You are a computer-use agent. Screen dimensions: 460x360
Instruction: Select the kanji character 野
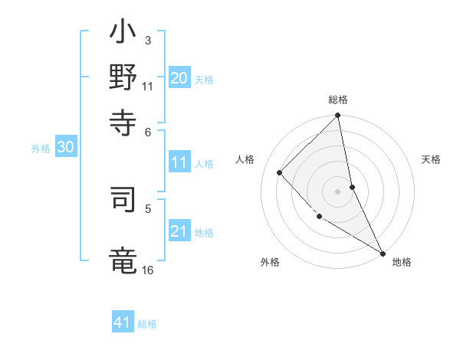123,77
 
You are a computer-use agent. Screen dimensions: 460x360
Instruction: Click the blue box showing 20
179,78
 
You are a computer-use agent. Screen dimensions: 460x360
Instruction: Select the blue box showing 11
179,162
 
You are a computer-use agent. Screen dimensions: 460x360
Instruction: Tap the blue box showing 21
179,231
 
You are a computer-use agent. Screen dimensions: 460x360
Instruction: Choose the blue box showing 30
65,148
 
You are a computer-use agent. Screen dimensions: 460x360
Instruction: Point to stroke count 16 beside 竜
147,270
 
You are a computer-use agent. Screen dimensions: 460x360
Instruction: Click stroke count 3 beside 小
147,40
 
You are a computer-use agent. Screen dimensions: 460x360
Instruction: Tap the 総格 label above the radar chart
338,100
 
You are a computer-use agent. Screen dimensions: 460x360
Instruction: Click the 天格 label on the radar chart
431,159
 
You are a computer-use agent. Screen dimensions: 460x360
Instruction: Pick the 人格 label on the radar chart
245,159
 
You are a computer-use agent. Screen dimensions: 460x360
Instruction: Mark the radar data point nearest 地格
383,253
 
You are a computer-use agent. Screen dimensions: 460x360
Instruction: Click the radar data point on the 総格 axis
338,116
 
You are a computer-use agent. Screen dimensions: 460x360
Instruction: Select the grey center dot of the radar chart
338,191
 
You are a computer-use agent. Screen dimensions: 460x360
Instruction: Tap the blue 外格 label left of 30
41,149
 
